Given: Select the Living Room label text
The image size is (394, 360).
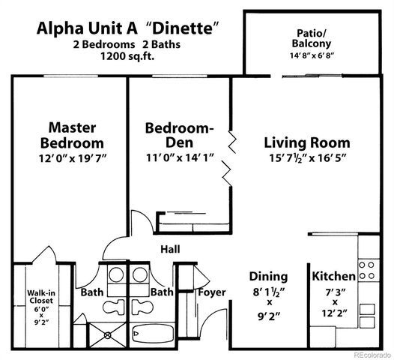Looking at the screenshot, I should [307, 142].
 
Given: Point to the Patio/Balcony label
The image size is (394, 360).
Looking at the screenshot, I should [308, 37].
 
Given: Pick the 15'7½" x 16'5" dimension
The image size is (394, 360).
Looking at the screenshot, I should [307, 158].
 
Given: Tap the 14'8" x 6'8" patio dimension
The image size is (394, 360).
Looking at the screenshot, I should [308, 55].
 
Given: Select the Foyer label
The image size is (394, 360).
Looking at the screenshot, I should [212, 292].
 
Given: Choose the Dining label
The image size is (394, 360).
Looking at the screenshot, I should [267, 275].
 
